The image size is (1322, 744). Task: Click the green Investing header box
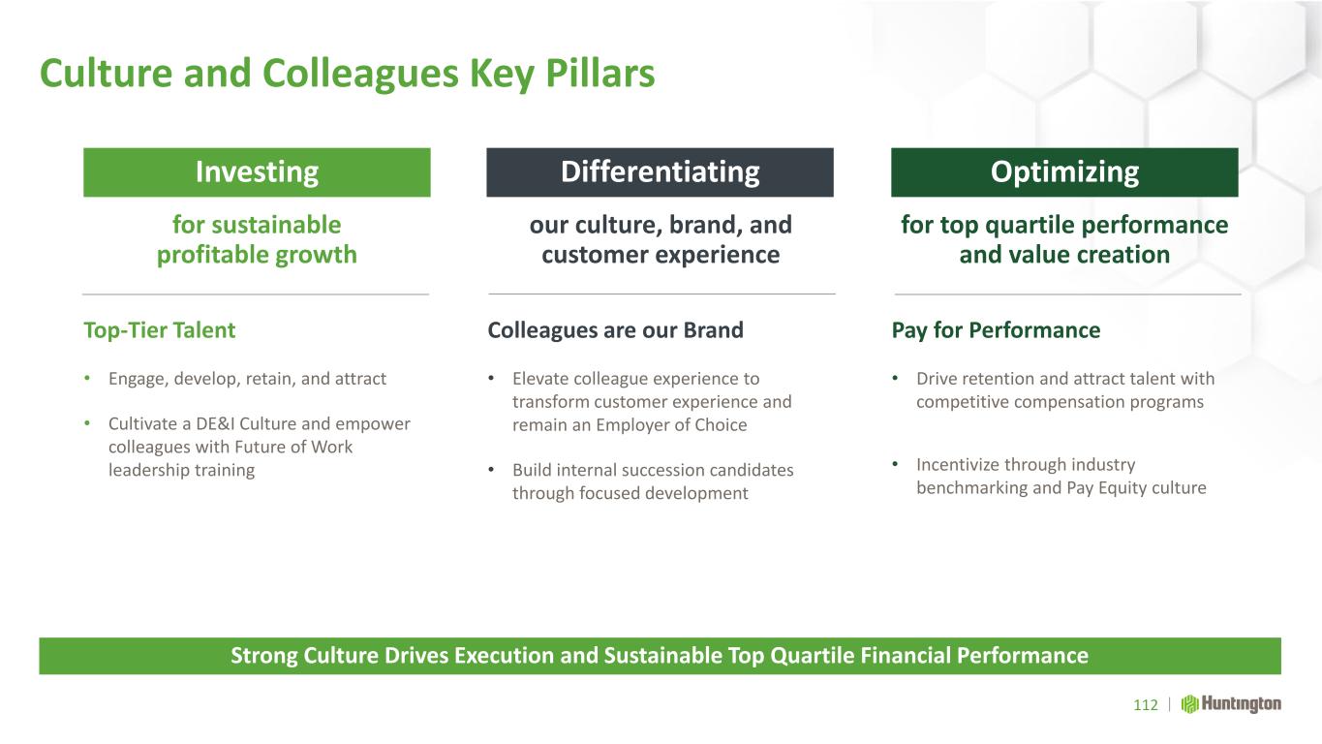coord(257,171)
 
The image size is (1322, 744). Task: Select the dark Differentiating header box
coord(660,171)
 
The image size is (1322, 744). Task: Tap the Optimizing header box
coord(1064,171)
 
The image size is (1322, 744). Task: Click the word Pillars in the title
coord(600,74)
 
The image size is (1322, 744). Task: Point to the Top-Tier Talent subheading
coord(160,330)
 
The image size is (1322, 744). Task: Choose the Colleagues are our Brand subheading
coord(616,330)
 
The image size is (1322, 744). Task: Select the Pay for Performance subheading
coord(997,330)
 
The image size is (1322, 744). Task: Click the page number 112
coord(1146,705)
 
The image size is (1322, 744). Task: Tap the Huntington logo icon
coord(1189,704)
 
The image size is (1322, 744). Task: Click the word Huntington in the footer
coord(1242,704)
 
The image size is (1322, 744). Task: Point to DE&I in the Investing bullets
coord(215,424)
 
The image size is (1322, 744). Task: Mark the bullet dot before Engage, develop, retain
coord(87,378)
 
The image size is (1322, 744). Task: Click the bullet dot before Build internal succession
coord(491,470)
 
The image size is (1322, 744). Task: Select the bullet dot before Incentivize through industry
coord(895,464)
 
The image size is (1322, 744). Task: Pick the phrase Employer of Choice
coord(671,425)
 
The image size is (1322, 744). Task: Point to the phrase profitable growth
coord(257,255)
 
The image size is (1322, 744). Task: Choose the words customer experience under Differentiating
coord(661,255)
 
